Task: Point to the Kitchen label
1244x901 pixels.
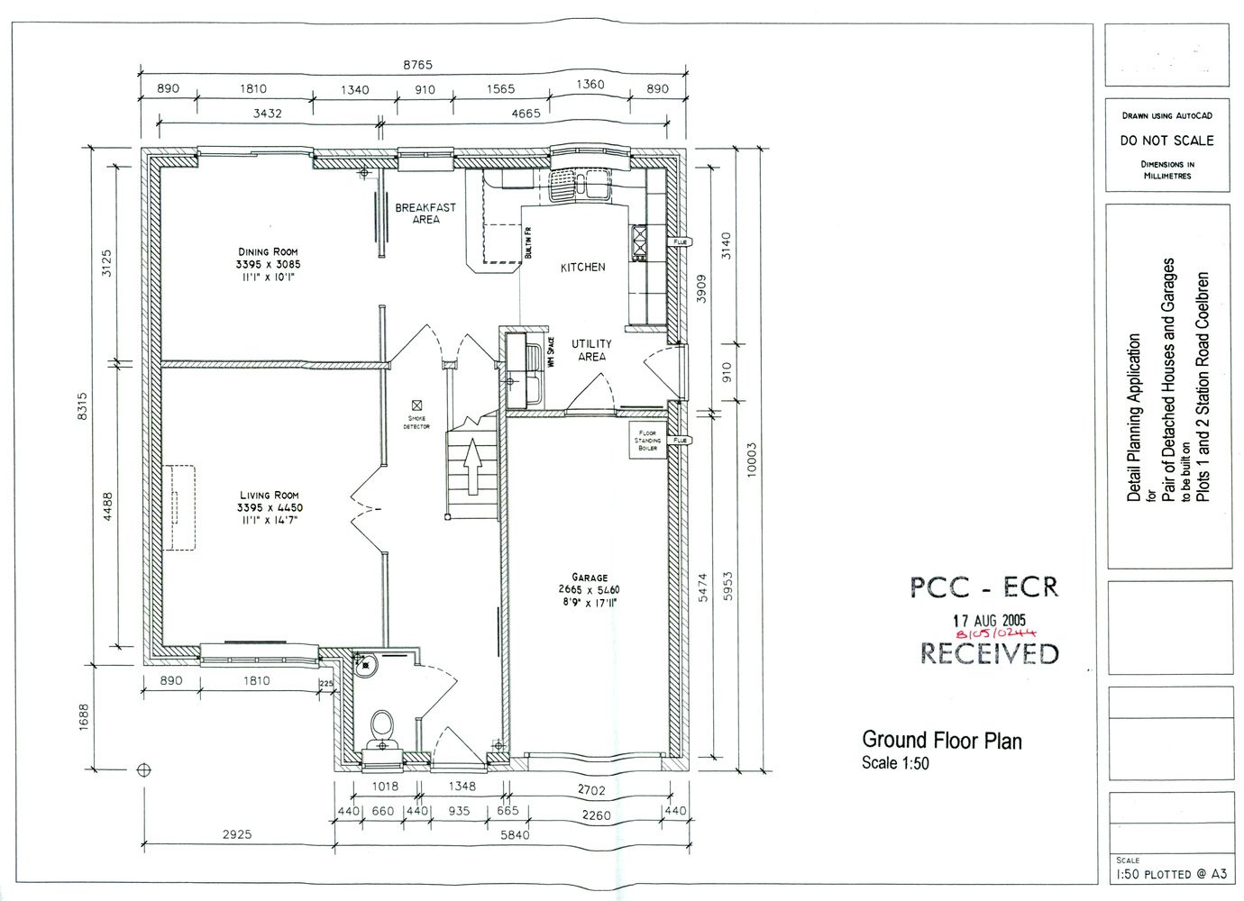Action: (582, 268)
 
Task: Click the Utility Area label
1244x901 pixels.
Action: (590, 350)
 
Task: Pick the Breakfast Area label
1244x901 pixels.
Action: (425, 213)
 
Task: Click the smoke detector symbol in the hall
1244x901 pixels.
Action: (416, 405)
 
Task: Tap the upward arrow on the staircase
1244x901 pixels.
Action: (471, 469)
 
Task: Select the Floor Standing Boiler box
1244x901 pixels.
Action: (648, 441)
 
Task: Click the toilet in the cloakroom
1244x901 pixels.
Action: (382, 724)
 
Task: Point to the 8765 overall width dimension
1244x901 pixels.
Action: (417, 65)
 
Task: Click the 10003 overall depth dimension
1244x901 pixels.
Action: (753, 463)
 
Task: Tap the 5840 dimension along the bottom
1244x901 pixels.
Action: (517, 835)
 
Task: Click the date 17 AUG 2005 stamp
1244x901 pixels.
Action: (989, 620)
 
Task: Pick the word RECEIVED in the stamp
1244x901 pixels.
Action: (989, 653)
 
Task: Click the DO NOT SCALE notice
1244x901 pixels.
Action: (1166, 141)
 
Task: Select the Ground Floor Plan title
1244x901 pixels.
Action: (942, 741)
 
